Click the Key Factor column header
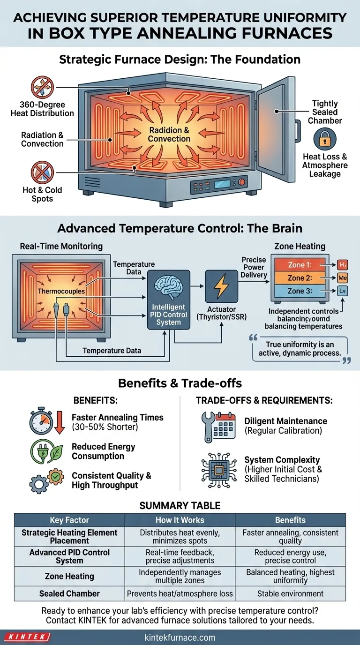coord(69,520)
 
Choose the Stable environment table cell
coord(290,593)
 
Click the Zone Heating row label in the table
coord(69,576)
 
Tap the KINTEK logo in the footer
coord(27,637)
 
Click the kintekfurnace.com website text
coord(180,637)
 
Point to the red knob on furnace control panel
coord(242,182)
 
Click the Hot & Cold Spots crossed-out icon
coord(42,172)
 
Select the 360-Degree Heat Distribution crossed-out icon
coord(42,88)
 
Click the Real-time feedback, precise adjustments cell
coord(180,556)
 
